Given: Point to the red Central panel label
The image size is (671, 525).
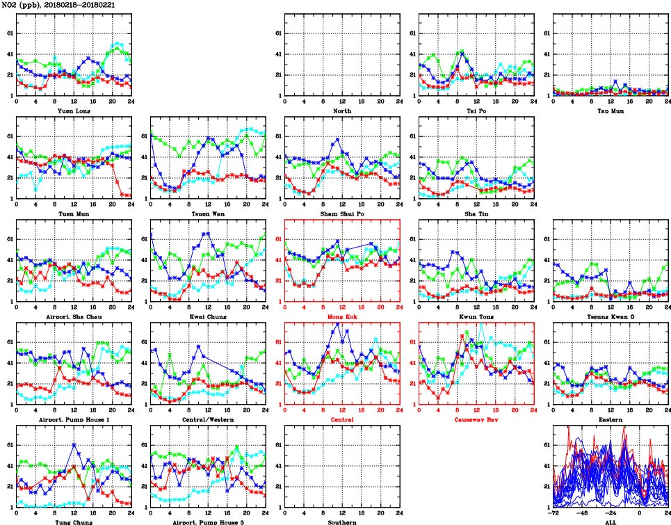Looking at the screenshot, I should pyautogui.click(x=342, y=419).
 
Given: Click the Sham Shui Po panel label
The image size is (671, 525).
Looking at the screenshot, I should pyautogui.click(x=342, y=213).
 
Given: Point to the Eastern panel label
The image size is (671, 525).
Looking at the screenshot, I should pyautogui.click(x=610, y=419).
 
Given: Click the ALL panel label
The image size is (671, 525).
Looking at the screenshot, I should pyautogui.click(x=610, y=522).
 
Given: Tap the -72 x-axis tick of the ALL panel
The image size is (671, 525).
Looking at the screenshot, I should pyautogui.click(x=553, y=513).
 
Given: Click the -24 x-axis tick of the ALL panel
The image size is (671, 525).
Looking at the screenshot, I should pyautogui.click(x=610, y=513).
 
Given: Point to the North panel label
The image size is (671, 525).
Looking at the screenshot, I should pyautogui.click(x=342, y=110).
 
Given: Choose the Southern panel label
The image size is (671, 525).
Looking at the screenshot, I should pyautogui.click(x=342, y=522).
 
